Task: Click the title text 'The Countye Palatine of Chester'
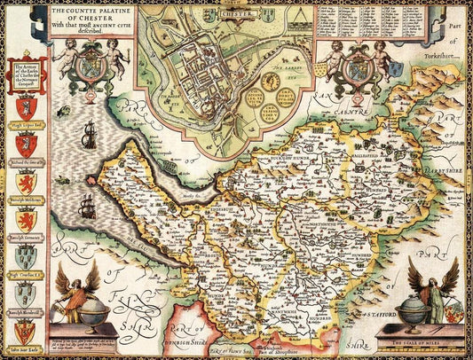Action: pyautogui.click(x=91, y=12)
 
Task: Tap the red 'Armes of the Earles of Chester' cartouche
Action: pyautogui.click(x=25, y=74)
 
